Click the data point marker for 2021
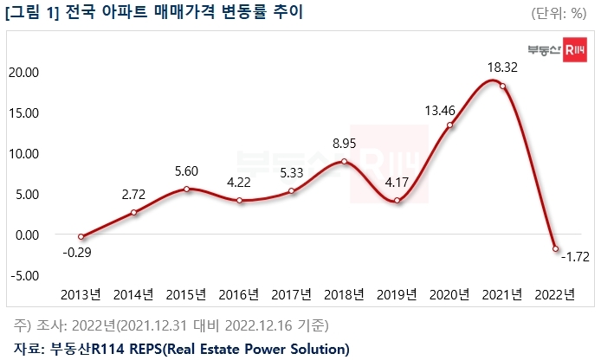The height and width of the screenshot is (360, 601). click(x=502, y=86)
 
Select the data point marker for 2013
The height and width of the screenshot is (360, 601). click(x=81, y=236)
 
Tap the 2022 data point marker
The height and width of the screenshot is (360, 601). click(x=555, y=248)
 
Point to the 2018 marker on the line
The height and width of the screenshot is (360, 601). click(x=345, y=162)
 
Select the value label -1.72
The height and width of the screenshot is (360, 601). click(x=576, y=257)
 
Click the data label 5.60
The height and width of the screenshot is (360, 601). click(x=186, y=171)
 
